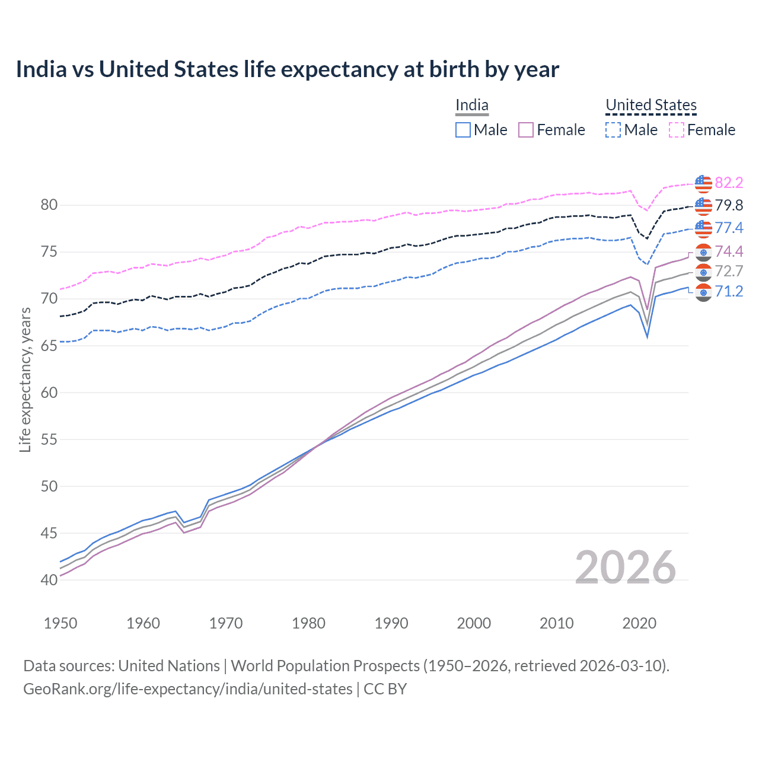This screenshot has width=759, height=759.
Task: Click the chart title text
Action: [287, 69]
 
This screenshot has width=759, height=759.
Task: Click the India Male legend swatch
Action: [463, 130]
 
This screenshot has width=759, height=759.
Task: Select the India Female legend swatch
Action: [526, 130]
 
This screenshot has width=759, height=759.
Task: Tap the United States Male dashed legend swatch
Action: [613, 130]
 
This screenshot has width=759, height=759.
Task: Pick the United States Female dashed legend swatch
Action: [677, 130]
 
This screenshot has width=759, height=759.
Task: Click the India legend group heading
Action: [472, 106]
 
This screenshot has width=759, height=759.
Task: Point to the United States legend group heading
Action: [650, 106]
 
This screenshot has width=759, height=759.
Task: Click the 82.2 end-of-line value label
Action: [729, 183]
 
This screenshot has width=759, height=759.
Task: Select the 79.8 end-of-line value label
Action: [729, 205]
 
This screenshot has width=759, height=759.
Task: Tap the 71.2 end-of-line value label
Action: [729, 291]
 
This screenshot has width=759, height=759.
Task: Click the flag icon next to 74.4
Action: [703, 252]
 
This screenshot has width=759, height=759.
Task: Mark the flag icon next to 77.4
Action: [703, 228]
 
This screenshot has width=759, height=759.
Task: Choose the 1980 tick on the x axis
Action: [308, 623]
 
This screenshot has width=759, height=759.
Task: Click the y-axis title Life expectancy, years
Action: [25, 379]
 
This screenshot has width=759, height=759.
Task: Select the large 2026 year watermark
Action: [625, 568]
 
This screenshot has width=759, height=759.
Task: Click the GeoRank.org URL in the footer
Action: [187, 689]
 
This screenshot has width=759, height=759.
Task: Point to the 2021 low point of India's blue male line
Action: [647, 337]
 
